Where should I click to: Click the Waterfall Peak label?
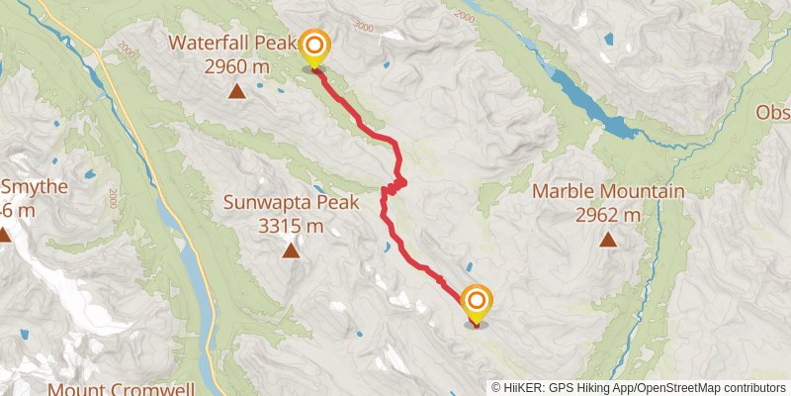pos(232,44)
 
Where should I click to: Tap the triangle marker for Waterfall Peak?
pos(237,92)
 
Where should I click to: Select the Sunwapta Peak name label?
pos(274,202)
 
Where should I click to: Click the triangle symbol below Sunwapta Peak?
pos(291,250)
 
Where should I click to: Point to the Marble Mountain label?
pos(609,191)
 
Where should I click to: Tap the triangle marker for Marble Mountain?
pos(608,239)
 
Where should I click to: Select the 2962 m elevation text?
pos(609,214)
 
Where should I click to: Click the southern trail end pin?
pos(477,304)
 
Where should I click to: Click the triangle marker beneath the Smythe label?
pos(5,236)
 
